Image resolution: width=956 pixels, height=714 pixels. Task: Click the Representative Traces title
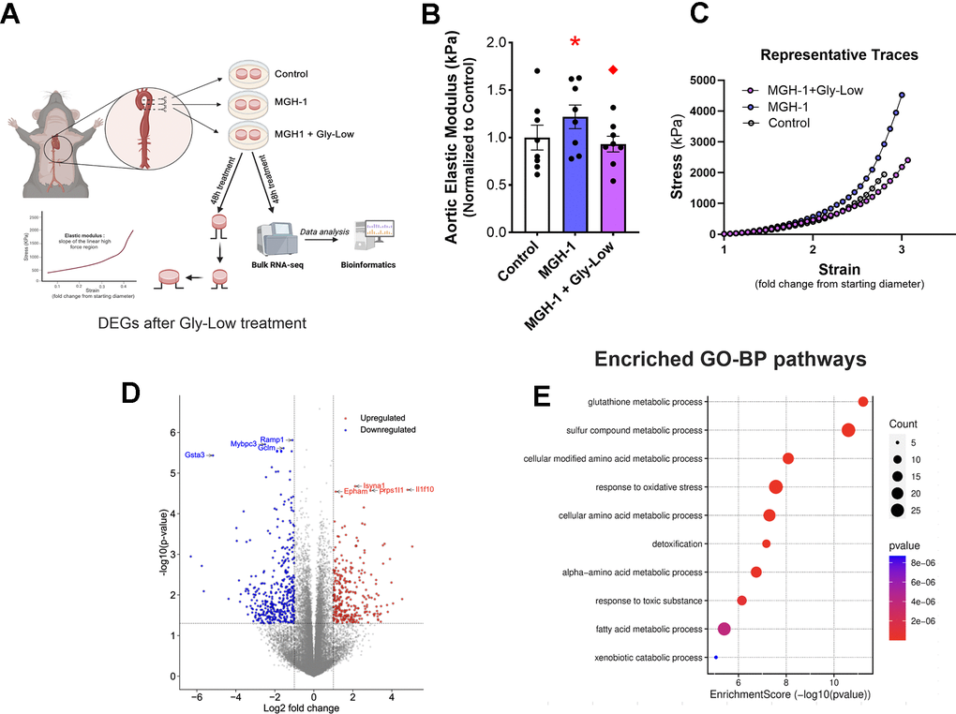(x=837, y=55)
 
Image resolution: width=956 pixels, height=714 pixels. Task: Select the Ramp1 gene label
(x=272, y=439)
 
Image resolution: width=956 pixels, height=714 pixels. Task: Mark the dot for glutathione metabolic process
(x=863, y=402)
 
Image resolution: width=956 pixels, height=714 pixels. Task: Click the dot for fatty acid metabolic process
(x=724, y=629)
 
